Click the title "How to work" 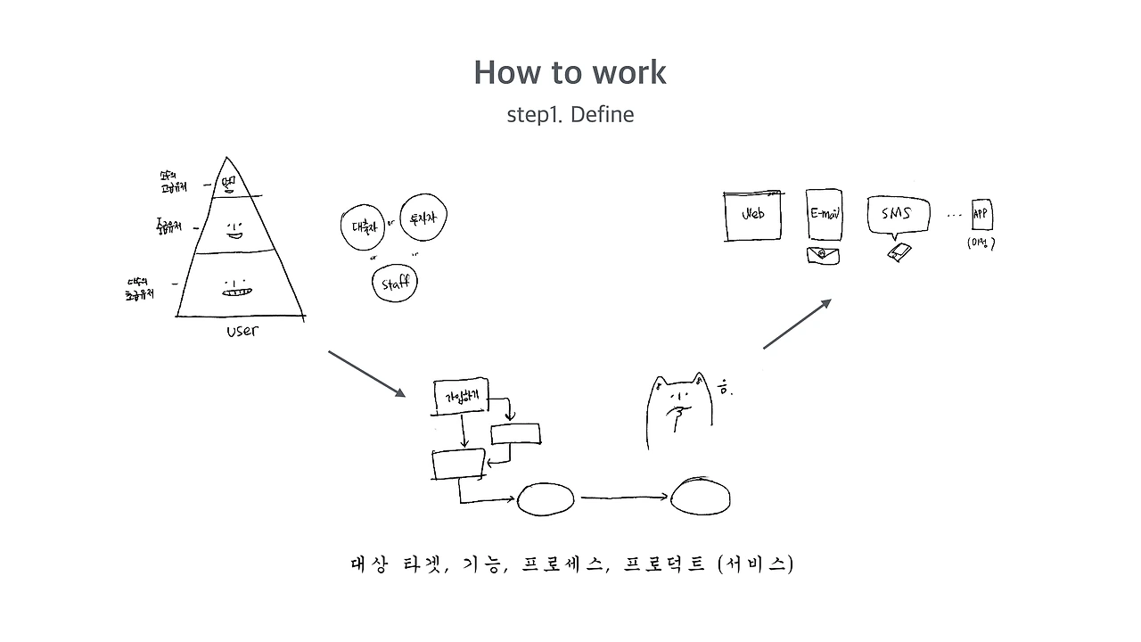pos(570,72)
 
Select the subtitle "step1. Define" pos(570,115)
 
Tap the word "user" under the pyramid pos(242,330)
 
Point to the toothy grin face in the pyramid pos(237,287)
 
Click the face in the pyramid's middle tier pos(234,230)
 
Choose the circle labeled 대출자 pos(361,226)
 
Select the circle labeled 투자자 pos(423,219)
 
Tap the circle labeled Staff pos(395,284)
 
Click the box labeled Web pos(753,214)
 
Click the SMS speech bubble pos(897,215)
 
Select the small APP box pos(981,214)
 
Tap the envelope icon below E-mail pos(821,254)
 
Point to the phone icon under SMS pos(899,252)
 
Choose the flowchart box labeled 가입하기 pos(461,396)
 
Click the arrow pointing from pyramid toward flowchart pos(366,374)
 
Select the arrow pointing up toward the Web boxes pos(797,324)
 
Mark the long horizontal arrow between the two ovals pos(625,498)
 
